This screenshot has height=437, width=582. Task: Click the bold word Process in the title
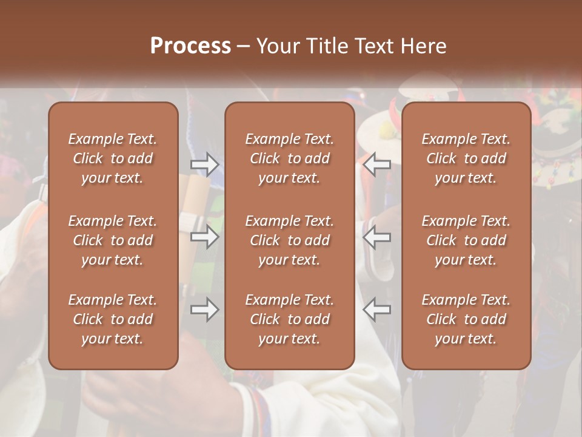tap(190, 46)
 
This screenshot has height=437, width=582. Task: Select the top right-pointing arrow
tap(205, 164)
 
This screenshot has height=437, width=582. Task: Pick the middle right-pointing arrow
tap(205, 237)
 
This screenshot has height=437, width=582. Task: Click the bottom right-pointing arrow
tap(205, 310)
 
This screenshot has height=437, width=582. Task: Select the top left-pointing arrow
tap(377, 164)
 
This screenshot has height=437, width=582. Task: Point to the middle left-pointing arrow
tap(377, 237)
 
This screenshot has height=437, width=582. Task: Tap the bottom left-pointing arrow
tap(377, 310)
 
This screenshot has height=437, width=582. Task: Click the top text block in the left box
tap(113, 158)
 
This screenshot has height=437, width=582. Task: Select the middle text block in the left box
tap(113, 240)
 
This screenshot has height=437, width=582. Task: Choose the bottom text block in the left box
tap(113, 319)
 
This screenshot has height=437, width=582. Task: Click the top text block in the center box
tap(290, 158)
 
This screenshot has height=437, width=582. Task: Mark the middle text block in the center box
tap(290, 240)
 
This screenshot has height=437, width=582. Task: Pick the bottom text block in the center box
tap(290, 319)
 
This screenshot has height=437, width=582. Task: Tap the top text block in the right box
tap(466, 158)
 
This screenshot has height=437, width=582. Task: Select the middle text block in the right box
tap(466, 240)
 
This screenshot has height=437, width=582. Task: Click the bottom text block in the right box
tap(466, 319)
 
